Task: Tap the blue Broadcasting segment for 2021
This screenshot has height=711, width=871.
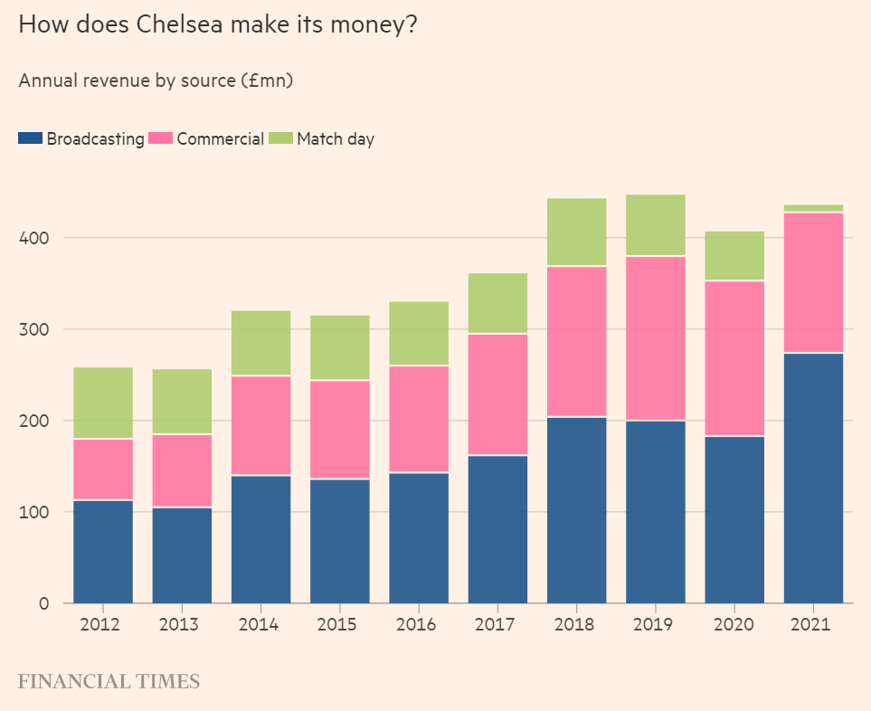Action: point(813,478)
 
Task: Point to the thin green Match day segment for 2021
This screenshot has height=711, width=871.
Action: point(813,208)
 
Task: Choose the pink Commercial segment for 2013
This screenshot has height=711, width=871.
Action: point(182,470)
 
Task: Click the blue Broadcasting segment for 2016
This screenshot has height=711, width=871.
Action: point(419,537)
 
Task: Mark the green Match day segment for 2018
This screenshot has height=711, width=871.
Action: point(577,232)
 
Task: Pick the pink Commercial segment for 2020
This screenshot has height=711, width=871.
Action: point(734,358)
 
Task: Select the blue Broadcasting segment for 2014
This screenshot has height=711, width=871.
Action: point(260,538)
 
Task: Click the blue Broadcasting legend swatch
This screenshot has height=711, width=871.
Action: point(30,138)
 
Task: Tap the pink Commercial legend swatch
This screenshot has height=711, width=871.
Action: point(160,138)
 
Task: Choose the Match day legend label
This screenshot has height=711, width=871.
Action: point(336,139)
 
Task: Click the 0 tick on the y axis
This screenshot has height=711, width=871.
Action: point(42,603)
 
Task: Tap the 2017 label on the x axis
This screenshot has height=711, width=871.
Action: point(497,625)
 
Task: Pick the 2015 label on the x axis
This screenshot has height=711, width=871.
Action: point(339,625)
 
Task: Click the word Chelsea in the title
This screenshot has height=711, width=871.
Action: point(175,24)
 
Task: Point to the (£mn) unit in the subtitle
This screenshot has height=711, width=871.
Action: point(269,81)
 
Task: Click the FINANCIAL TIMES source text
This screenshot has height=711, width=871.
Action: point(109,681)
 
